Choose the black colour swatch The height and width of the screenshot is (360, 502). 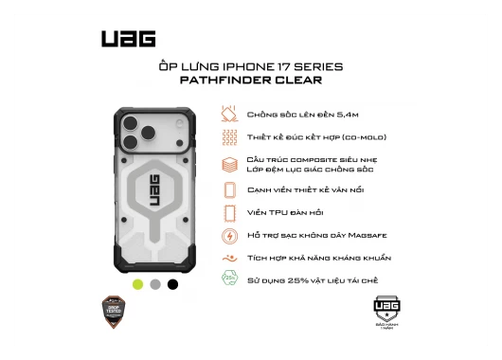tap(172, 283)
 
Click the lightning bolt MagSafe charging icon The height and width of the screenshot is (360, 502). tap(228, 234)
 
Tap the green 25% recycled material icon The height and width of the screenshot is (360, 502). tap(228, 279)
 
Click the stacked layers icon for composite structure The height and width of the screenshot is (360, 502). tap(228, 164)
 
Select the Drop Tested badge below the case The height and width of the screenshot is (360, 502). tap(115, 311)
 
